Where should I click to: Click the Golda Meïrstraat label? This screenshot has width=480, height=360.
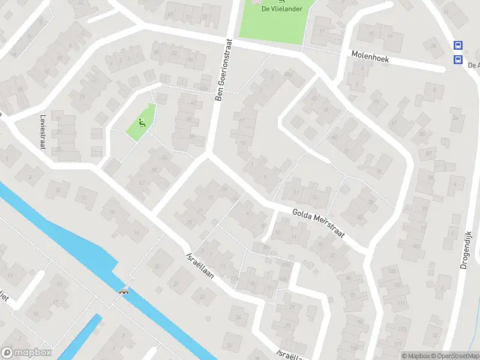point(318,223)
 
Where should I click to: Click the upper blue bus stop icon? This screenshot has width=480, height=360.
point(458,45)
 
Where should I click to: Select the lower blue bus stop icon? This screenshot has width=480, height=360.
point(458,59)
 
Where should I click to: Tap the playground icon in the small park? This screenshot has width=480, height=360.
point(142,124)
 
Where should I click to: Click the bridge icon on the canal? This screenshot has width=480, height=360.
point(124,292)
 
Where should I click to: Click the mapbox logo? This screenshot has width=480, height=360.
point(25,353)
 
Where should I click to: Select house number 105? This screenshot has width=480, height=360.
point(392,271)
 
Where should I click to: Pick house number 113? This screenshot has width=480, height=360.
point(403,329)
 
